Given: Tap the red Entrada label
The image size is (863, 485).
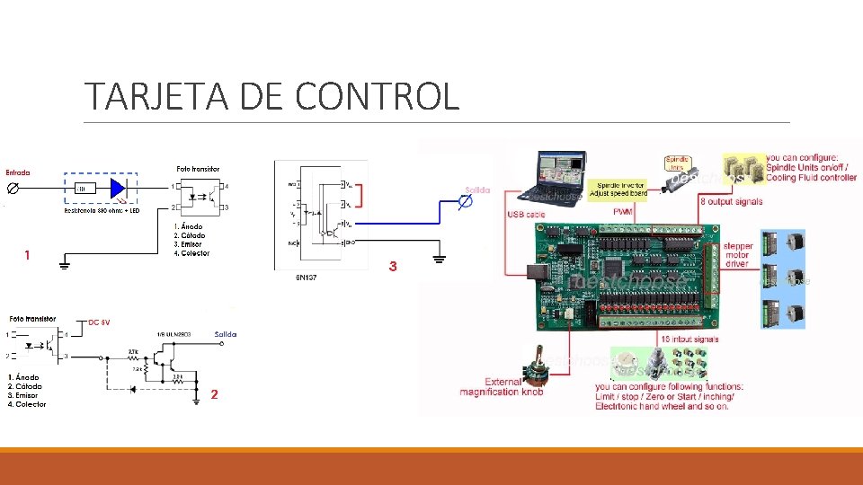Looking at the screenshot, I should click(x=18, y=172).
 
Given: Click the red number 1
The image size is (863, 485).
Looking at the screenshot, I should click(x=27, y=256).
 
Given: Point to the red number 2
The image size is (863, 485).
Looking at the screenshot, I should click(x=214, y=394).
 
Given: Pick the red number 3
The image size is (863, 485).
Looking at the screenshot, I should click(x=392, y=267).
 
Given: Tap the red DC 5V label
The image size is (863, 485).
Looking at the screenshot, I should click(x=100, y=322).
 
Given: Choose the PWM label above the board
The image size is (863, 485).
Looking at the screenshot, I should click(x=623, y=211).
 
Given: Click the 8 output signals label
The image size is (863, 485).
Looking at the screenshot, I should click(x=731, y=201).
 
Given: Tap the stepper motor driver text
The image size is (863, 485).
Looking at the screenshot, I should click(x=736, y=254).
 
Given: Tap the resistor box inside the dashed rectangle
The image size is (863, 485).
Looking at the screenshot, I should click(x=86, y=189).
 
